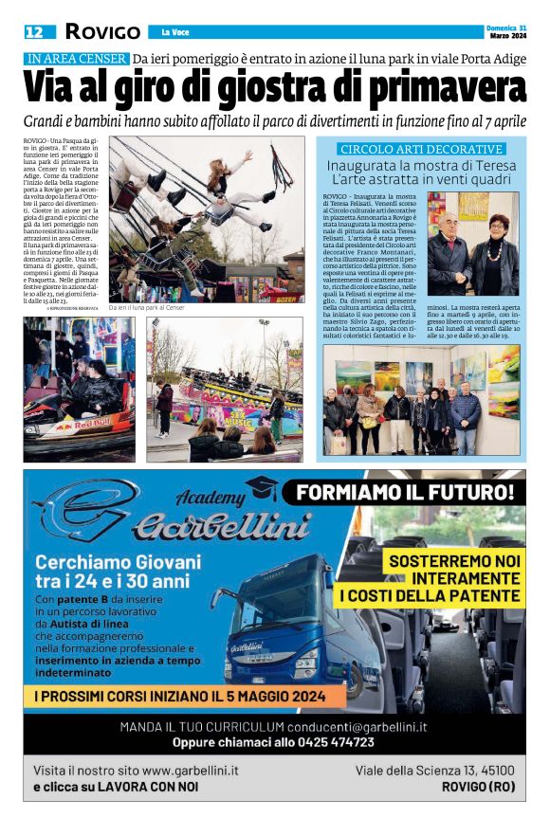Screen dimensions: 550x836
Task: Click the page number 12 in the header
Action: tap(34, 32)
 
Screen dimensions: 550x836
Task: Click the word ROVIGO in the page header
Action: tap(102, 32)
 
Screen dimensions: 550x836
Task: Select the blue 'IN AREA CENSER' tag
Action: tap(77, 59)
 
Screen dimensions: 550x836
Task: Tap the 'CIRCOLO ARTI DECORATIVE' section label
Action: tap(421, 150)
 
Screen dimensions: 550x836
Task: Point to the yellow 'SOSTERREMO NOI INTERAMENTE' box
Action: tap(454, 577)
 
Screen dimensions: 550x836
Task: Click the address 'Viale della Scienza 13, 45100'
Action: tap(434, 771)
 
